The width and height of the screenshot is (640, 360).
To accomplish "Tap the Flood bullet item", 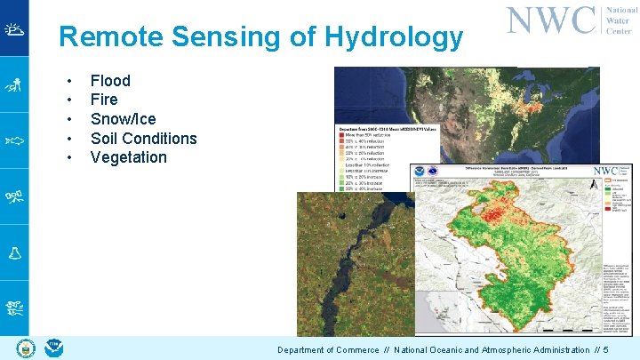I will pyautogui.click(x=110, y=80).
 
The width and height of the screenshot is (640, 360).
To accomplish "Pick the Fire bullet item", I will pyautogui.click(x=104, y=100).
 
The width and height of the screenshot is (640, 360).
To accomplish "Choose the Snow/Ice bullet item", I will pyautogui.click(x=123, y=119).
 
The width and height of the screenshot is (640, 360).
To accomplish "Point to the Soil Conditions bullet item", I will pyautogui.click(x=143, y=138).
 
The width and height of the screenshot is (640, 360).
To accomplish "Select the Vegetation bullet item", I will pyautogui.click(x=128, y=157).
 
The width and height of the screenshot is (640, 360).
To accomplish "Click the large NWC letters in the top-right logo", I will pyautogui.click(x=550, y=20).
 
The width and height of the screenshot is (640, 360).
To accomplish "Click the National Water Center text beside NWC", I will pyautogui.click(x=621, y=20).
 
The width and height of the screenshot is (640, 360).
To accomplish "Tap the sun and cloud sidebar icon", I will pyautogui.click(x=14, y=28).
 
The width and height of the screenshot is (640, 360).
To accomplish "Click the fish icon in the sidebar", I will pyautogui.click(x=14, y=140).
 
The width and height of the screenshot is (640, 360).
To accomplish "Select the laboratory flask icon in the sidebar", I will pyautogui.click(x=14, y=252).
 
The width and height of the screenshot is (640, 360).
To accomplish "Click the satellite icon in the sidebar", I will pyautogui.click(x=14, y=196).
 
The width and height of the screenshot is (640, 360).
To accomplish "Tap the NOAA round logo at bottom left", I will pyautogui.click(x=52, y=348).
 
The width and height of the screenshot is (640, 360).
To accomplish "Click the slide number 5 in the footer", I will pyautogui.click(x=605, y=350).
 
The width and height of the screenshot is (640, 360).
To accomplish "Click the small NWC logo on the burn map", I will pyautogui.click(x=606, y=170).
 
